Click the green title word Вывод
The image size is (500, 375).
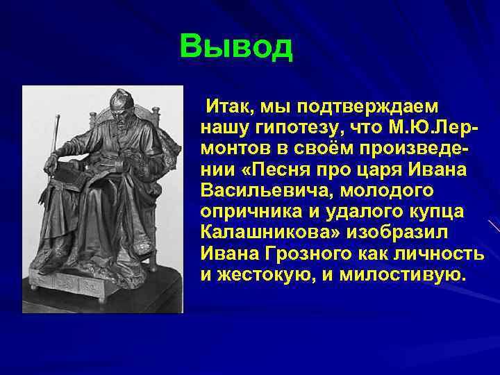pos(236,47)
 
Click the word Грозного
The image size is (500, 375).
pos(300,253)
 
